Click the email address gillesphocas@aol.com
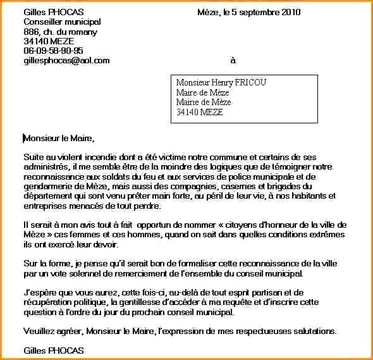(66, 61)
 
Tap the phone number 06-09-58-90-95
(53, 51)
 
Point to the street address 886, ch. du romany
(60, 32)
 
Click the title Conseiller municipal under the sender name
(62, 22)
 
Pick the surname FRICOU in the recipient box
(251, 83)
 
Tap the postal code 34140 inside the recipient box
(187, 112)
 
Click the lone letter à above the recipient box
(233, 61)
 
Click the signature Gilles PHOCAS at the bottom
(53, 350)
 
